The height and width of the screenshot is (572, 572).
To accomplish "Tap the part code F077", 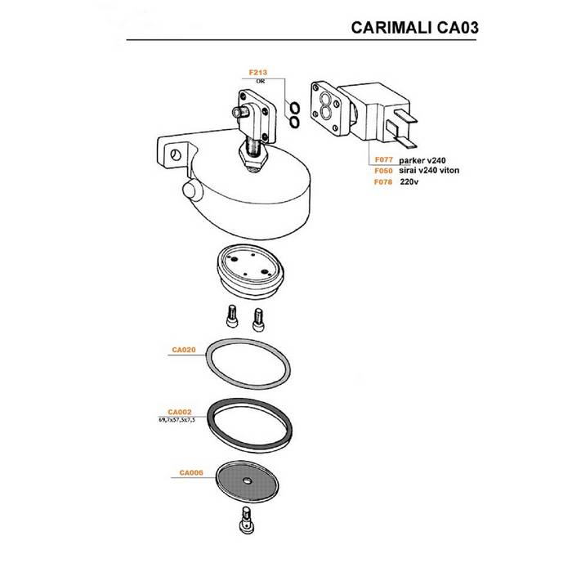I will (x=383, y=161).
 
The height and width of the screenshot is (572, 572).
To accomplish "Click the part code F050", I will (x=383, y=171).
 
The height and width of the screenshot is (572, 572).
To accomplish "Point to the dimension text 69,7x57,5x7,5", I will (x=174, y=419).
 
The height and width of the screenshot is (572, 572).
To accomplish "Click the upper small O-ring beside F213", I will (x=293, y=106).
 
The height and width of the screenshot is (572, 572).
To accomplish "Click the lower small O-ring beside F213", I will (x=293, y=123).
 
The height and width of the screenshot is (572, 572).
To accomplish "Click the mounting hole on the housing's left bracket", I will (x=174, y=154).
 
